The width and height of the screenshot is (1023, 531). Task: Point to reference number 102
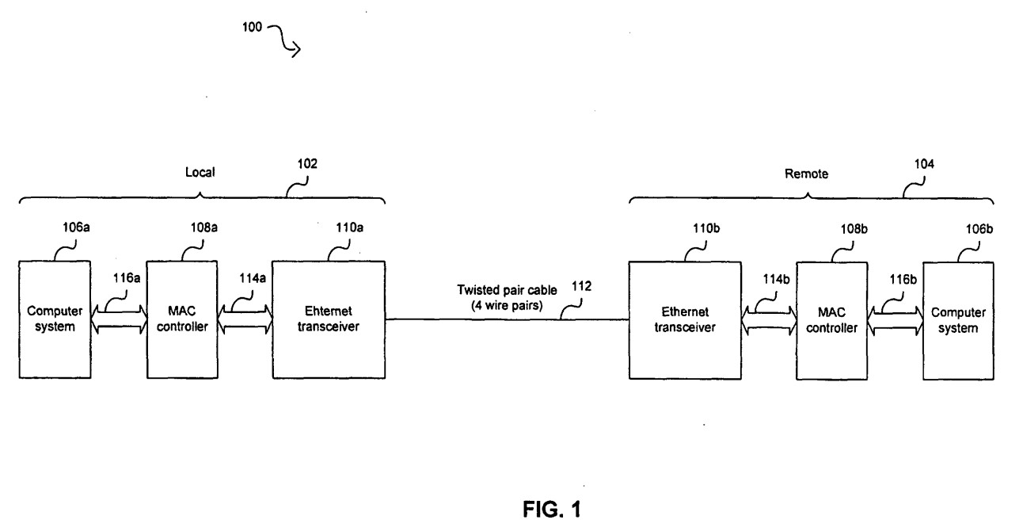(x=308, y=166)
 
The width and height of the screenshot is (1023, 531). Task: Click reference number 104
(x=922, y=166)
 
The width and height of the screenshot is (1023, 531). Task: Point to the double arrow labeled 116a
(x=118, y=319)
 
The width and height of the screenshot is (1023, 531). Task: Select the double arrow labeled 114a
(x=243, y=319)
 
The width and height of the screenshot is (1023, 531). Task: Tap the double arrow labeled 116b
(x=895, y=319)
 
